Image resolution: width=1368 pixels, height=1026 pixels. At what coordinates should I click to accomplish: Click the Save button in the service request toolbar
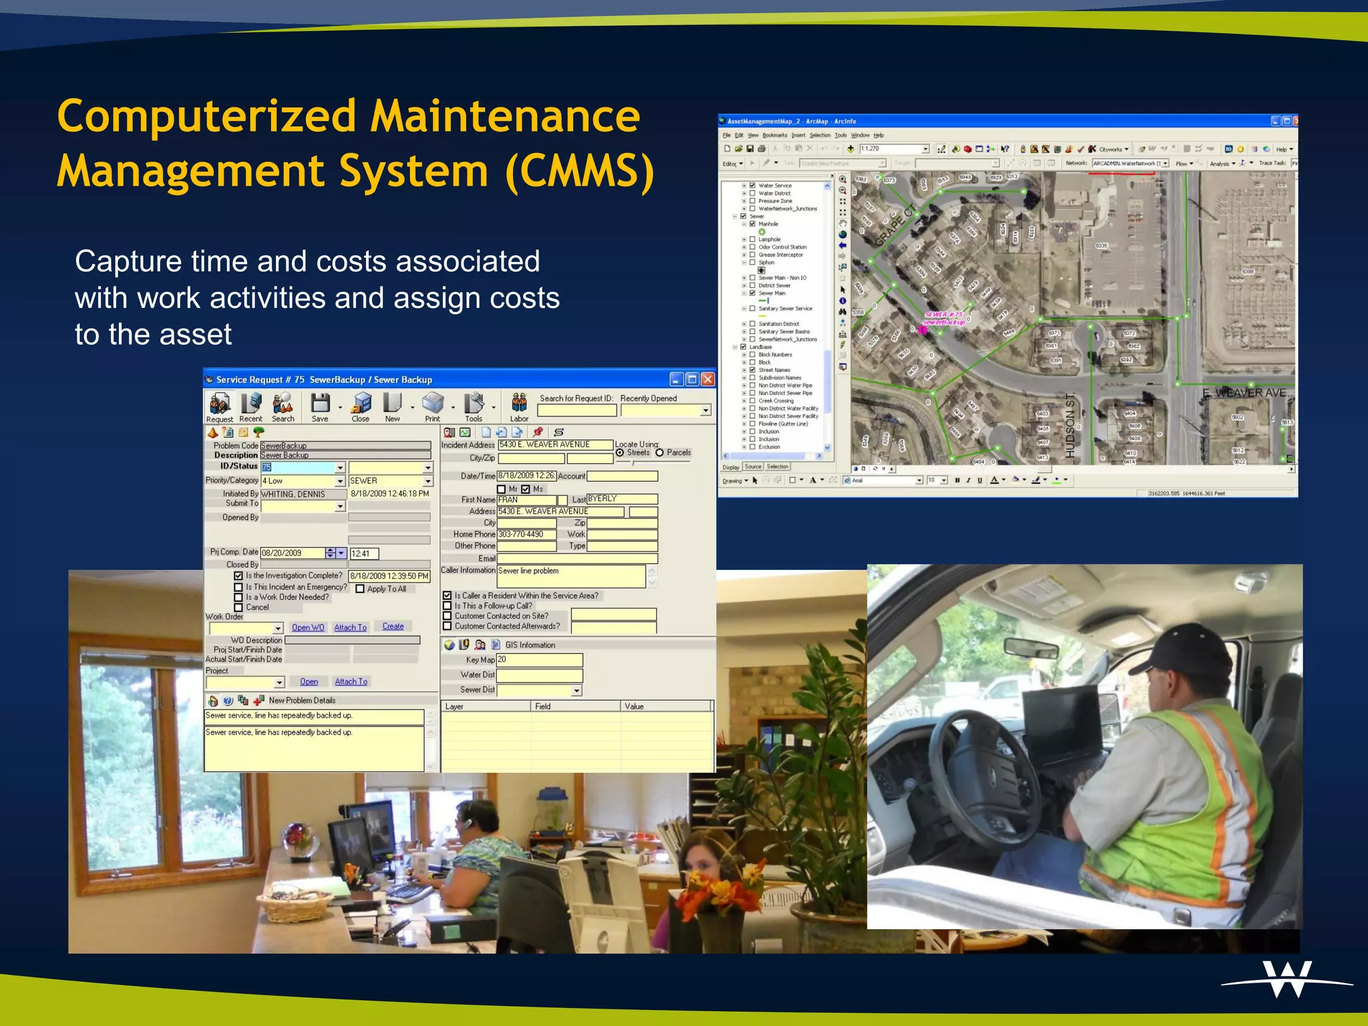(x=320, y=407)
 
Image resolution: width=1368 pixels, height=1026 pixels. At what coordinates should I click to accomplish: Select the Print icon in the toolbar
(x=433, y=407)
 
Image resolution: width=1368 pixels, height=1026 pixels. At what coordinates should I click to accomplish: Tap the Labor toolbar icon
(x=519, y=407)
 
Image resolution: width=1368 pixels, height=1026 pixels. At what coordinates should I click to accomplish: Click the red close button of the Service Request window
(x=708, y=379)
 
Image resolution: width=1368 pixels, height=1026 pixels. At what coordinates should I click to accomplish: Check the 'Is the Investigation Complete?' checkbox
(x=238, y=576)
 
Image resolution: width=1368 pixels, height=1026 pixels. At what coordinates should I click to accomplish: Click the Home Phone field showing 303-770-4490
(x=526, y=534)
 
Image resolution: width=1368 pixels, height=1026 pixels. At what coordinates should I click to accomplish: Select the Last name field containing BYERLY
(x=621, y=499)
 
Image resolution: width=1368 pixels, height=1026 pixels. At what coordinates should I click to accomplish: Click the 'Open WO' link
(x=308, y=627)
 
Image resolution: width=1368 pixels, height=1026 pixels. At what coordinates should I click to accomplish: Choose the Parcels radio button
(x=660, y=453)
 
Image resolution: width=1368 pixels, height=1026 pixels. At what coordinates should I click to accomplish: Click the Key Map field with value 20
(x=539, y=660)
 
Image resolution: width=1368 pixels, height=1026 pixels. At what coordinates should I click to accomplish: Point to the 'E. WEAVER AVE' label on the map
(x=1244, y=393)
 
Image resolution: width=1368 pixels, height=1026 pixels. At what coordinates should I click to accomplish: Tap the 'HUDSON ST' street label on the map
(x=1070, y=425)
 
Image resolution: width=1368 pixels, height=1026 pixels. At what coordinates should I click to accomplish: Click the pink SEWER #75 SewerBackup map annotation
(x=943, y=318)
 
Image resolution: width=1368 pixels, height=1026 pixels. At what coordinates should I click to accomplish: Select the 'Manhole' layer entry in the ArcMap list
(x=768, y=224)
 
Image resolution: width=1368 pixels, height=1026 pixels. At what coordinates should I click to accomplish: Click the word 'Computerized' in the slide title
(x=207, y=116)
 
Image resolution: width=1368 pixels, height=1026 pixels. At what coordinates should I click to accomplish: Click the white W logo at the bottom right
(x=1287, y=979)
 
